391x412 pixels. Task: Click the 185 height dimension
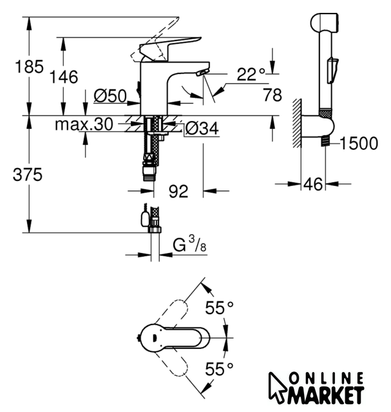tap(14, 66)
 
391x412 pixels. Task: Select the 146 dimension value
tap(63, 77)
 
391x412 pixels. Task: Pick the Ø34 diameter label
tap(202, 129)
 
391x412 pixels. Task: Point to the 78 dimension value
tap(272, 95)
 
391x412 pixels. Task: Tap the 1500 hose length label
tap(358, 143)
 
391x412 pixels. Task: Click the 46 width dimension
tap(313, 184)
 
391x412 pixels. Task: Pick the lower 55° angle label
tap(220, 369)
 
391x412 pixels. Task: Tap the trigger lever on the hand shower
tap(332, 69)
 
